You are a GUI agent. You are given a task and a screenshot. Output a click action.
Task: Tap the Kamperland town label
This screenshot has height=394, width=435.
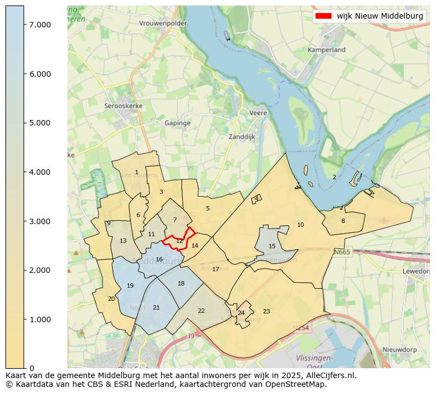click(x=327, y=50)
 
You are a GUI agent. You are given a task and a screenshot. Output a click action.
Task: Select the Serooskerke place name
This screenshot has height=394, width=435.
click(x=124, y=106)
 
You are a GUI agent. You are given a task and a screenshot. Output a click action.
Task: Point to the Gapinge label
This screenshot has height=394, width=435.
click(x=178, y=123)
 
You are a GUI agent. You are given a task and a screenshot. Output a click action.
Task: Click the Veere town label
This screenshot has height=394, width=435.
click(x=258, y=113)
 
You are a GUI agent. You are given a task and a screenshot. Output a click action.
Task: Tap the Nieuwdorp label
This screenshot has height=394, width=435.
click(x=399, y=350)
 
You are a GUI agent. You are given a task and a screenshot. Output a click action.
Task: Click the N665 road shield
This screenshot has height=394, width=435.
click(x=341, y=252)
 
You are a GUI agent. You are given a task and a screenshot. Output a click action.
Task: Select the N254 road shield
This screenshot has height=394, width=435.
click(x=300, y=328)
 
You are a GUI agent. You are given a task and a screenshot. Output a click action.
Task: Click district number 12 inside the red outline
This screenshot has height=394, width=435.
click(x=179, y=241)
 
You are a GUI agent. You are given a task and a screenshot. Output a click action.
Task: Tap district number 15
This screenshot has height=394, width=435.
click(x=272, y=247)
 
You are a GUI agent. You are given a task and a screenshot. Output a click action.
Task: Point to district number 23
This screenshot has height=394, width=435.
click(x=266, y=311)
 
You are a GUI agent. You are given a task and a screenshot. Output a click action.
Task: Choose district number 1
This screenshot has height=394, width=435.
click(x=136, y=173)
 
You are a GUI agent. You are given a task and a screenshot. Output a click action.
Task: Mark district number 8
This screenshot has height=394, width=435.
click(x=343, y=221)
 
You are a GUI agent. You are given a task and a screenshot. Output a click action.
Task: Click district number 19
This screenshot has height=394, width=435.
click(x=130, y=286)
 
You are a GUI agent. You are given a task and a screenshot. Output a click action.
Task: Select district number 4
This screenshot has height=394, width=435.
click(x=256, y=198)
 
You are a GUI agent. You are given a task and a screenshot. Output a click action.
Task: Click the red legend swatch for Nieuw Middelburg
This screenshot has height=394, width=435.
click(x=323, y=16)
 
